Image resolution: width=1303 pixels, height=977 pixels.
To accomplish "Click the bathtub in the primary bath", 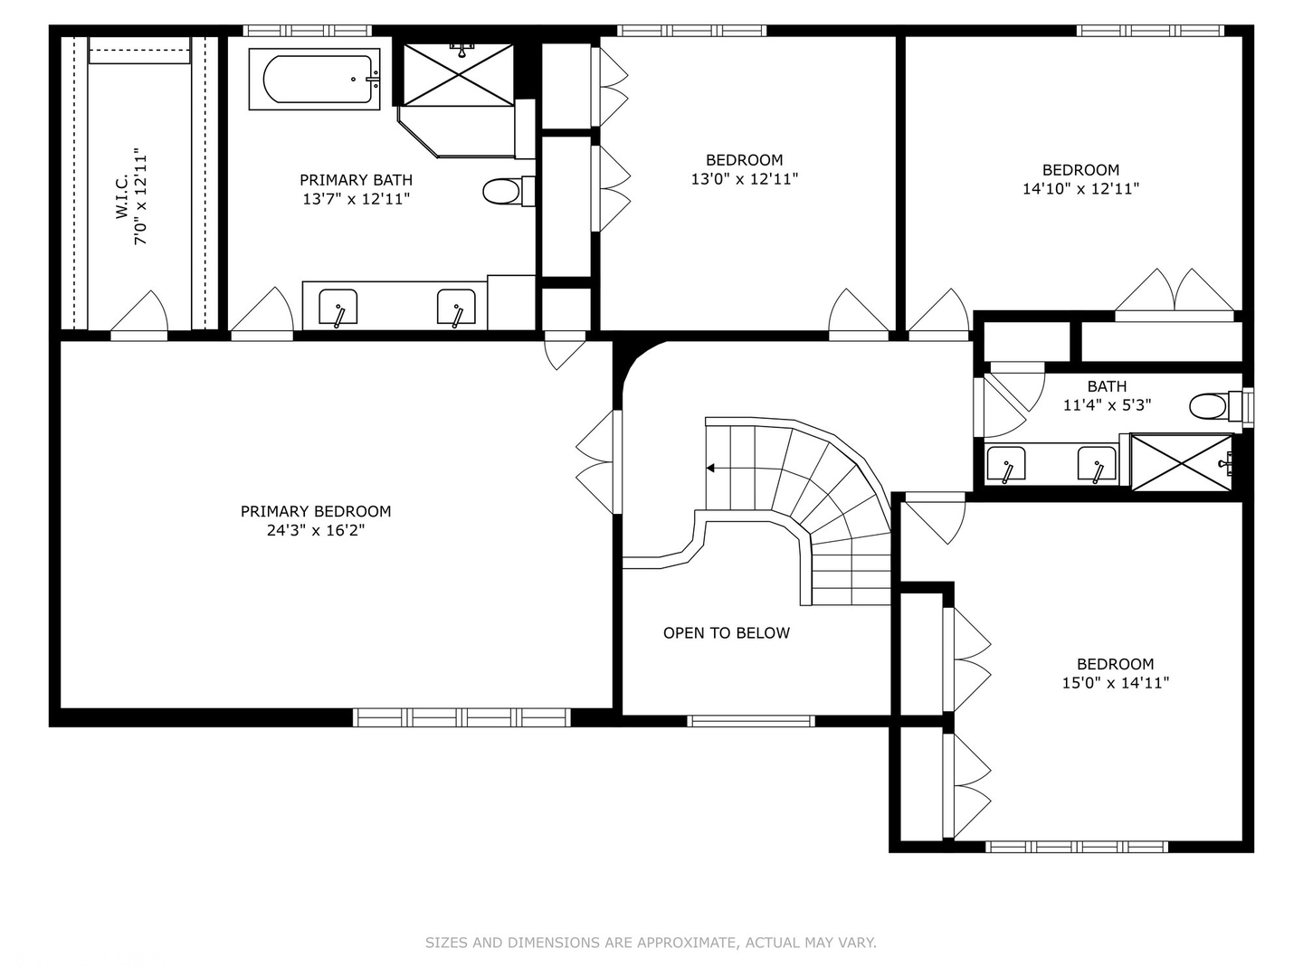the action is tap(315, 79).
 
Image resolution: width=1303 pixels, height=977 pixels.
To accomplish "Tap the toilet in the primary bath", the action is tap(509, 191).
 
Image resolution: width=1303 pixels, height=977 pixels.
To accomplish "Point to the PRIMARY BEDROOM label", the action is tap(316, 511).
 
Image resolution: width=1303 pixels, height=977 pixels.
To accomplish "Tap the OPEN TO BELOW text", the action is tap(726, 633).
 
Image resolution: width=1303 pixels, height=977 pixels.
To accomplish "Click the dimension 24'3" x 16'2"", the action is tap(316, 530).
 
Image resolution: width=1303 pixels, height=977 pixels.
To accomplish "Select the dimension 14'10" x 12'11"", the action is tap(1080, 189).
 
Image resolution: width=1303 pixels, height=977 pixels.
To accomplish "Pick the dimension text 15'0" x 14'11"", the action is tap(1116, 683).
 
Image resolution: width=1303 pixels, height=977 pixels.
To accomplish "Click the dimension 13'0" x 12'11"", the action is tap(745, 178).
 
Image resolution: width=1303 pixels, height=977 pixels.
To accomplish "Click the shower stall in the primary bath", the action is tap(458, 74).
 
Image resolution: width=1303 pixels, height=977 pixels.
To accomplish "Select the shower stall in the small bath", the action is tap(1182, 462).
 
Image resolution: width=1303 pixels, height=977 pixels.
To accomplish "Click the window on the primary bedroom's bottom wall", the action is tap(461, 717).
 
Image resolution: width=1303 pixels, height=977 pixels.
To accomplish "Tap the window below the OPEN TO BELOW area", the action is tap(751, 721).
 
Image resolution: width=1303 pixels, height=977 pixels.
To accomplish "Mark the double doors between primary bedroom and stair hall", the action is tap(596, 462).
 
